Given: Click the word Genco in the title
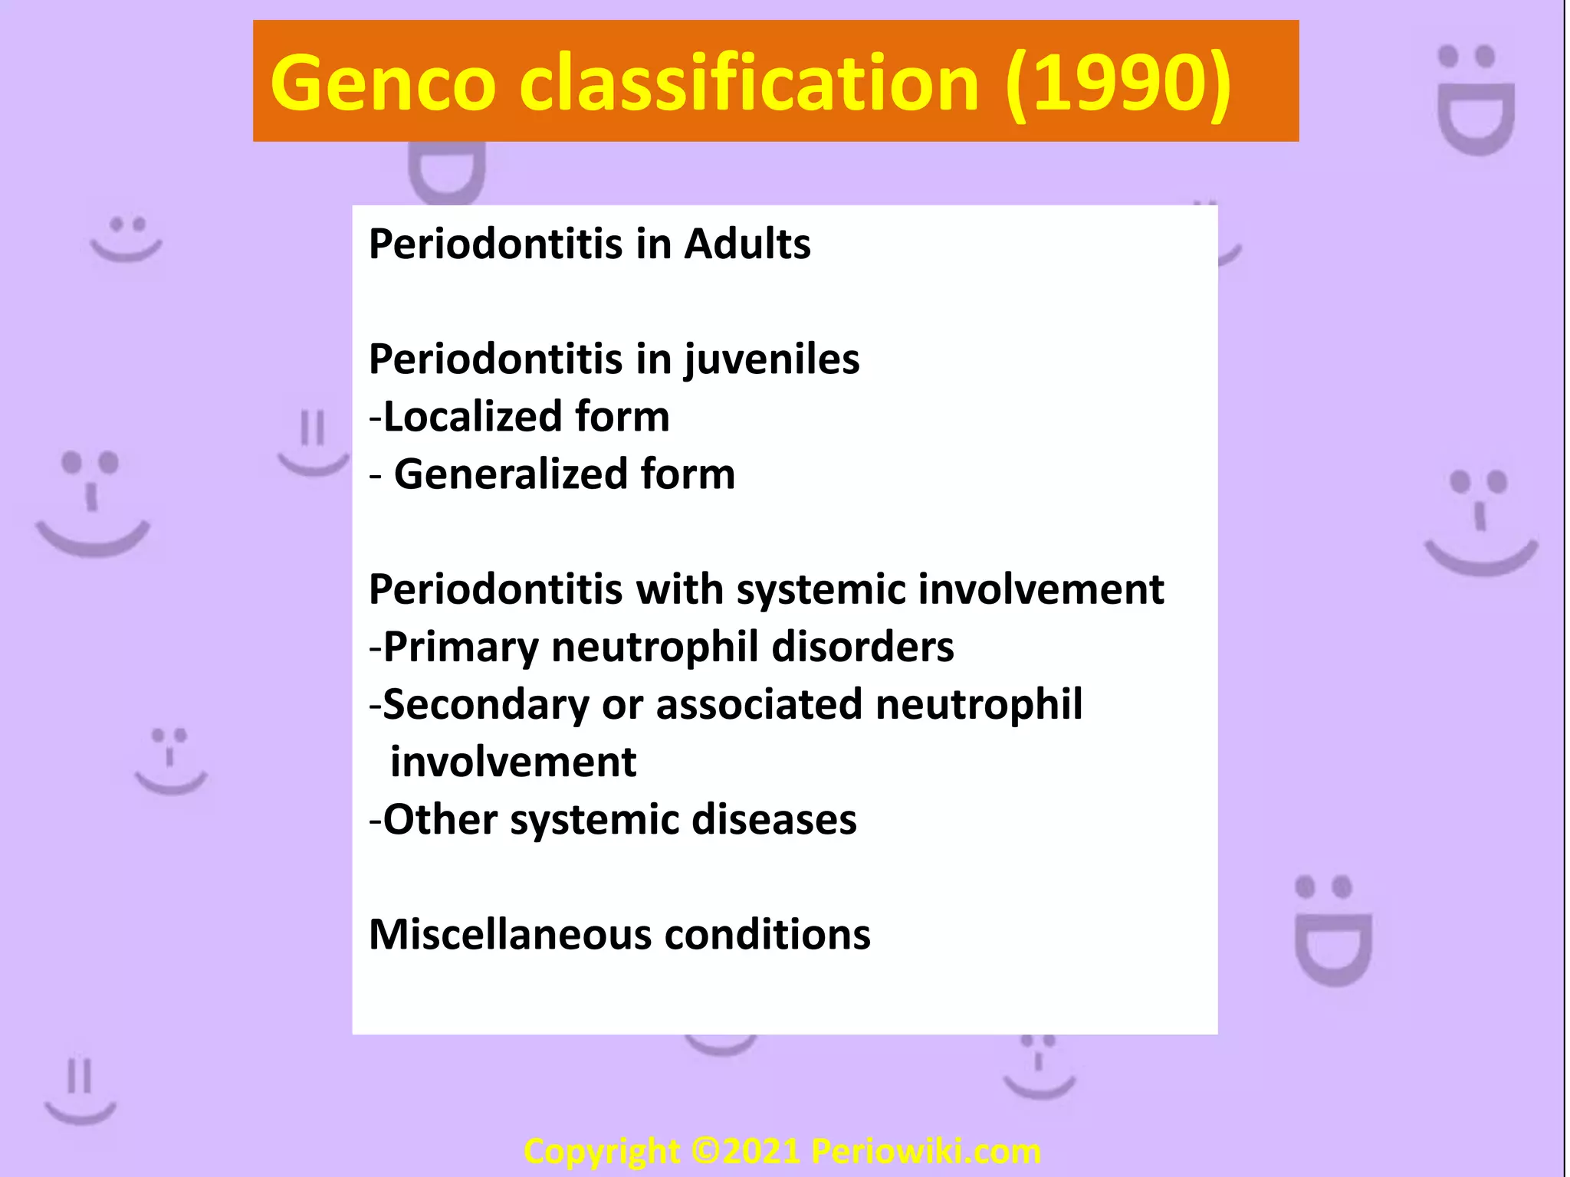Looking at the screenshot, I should point(383,83).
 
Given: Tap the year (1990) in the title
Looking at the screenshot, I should point(1118,83).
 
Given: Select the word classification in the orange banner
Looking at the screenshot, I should point(749,83).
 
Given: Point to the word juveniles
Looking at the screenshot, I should point(771,360).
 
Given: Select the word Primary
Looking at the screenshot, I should point(461,648).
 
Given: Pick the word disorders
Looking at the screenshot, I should point(862,648).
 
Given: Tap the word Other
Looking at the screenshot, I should point(440,820).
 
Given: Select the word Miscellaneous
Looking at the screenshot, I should point(509,935).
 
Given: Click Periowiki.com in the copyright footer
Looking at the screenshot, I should point(926,1152).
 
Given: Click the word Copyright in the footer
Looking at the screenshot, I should point(602,1152).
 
